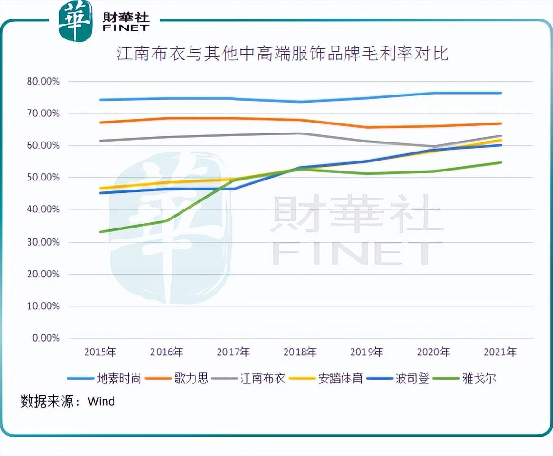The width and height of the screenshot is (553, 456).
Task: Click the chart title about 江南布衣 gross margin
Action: [x=282, y=53]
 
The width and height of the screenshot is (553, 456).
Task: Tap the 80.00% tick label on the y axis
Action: [x=43, y=82]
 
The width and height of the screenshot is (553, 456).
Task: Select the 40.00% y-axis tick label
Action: [x=43, y=209]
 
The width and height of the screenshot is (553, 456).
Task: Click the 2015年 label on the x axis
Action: [x=100, y=352]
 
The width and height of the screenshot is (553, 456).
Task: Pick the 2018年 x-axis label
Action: [x=300, y=352]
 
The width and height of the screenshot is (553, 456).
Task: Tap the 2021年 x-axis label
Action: [x=500, y=352]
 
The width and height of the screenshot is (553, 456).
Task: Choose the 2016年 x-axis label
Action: [x=167, y=352]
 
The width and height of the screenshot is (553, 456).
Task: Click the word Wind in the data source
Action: [x=101, y=401]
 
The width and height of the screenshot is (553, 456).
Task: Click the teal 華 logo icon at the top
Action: [x=75, y=21]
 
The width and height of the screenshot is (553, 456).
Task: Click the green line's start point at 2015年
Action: [x=100, y=232]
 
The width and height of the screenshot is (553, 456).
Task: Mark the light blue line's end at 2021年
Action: [x=500, y=93]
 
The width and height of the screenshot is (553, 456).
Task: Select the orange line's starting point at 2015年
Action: [x=100, y=123]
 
